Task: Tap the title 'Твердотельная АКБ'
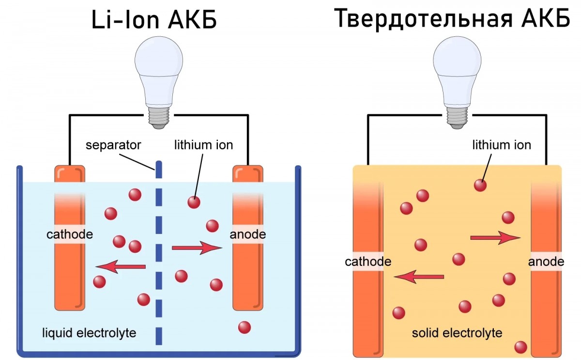452,20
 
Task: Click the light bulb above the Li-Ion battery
159,73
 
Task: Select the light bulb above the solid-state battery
457,73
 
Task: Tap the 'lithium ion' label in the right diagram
502,145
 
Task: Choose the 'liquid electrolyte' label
89,333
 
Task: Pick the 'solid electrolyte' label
457,333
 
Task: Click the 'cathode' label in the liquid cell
70,235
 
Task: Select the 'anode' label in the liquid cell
248,235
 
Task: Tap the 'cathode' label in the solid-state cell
368,262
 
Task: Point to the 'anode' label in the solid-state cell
546,262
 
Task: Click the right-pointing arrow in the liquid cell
197,248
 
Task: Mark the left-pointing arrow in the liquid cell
121,266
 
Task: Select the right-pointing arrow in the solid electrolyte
495,237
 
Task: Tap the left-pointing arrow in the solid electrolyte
419,277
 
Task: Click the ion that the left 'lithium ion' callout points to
194,202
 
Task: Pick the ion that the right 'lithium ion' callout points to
480,185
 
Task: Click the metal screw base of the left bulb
159,116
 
